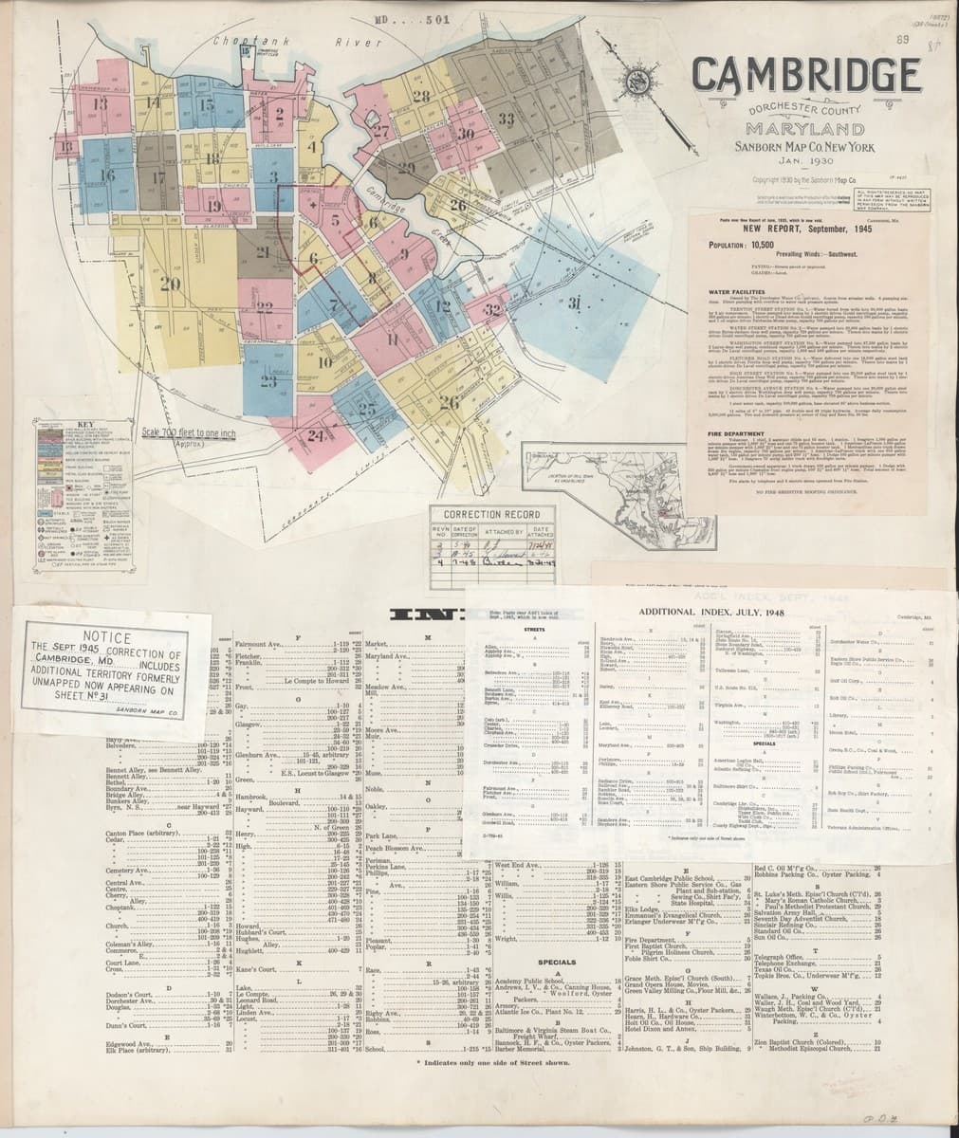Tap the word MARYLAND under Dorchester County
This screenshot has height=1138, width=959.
tap(803, 128)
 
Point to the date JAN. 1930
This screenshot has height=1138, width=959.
tap(802, 162)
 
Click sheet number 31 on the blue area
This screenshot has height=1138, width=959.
tap(574, 303)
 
